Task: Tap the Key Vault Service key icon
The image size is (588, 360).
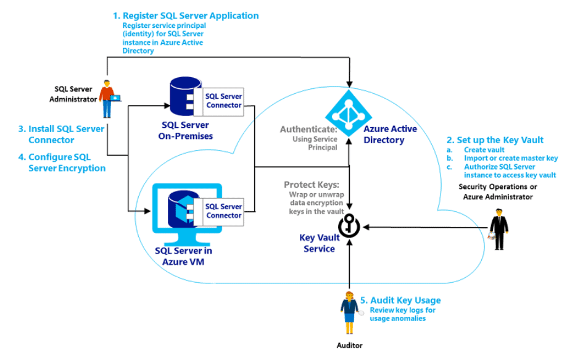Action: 349,226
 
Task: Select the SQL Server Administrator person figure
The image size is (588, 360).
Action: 109,98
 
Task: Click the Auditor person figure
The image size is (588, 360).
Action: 349,309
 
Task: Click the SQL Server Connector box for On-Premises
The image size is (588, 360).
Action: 223,101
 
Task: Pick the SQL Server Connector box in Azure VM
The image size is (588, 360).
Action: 223,211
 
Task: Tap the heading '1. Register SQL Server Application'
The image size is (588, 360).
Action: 185,15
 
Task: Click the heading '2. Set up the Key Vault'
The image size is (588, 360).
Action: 495,140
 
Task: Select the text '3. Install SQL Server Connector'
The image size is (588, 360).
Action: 61,134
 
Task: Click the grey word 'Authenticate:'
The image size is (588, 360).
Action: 308,130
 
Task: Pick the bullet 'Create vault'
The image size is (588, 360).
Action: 484,150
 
